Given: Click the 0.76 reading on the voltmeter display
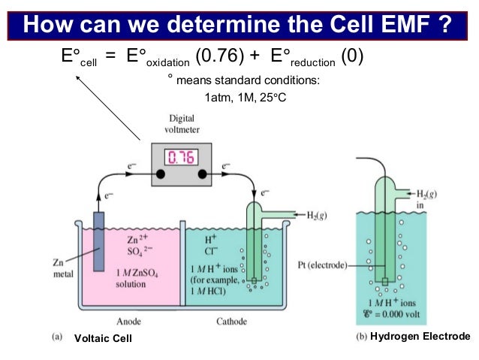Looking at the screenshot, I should pyautogui.click(x=181, y=158).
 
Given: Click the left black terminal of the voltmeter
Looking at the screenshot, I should pyautogui.click(x=160, y=173).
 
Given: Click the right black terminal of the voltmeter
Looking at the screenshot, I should pyautogui.click(x=202, y=173).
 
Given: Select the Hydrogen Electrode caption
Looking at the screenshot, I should pyautogui.click(x=420, y=336).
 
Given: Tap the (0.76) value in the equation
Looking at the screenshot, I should pyautogui.click(x=214, y=57).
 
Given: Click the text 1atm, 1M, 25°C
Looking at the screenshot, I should pyautogui.click(x=243, y=98).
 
